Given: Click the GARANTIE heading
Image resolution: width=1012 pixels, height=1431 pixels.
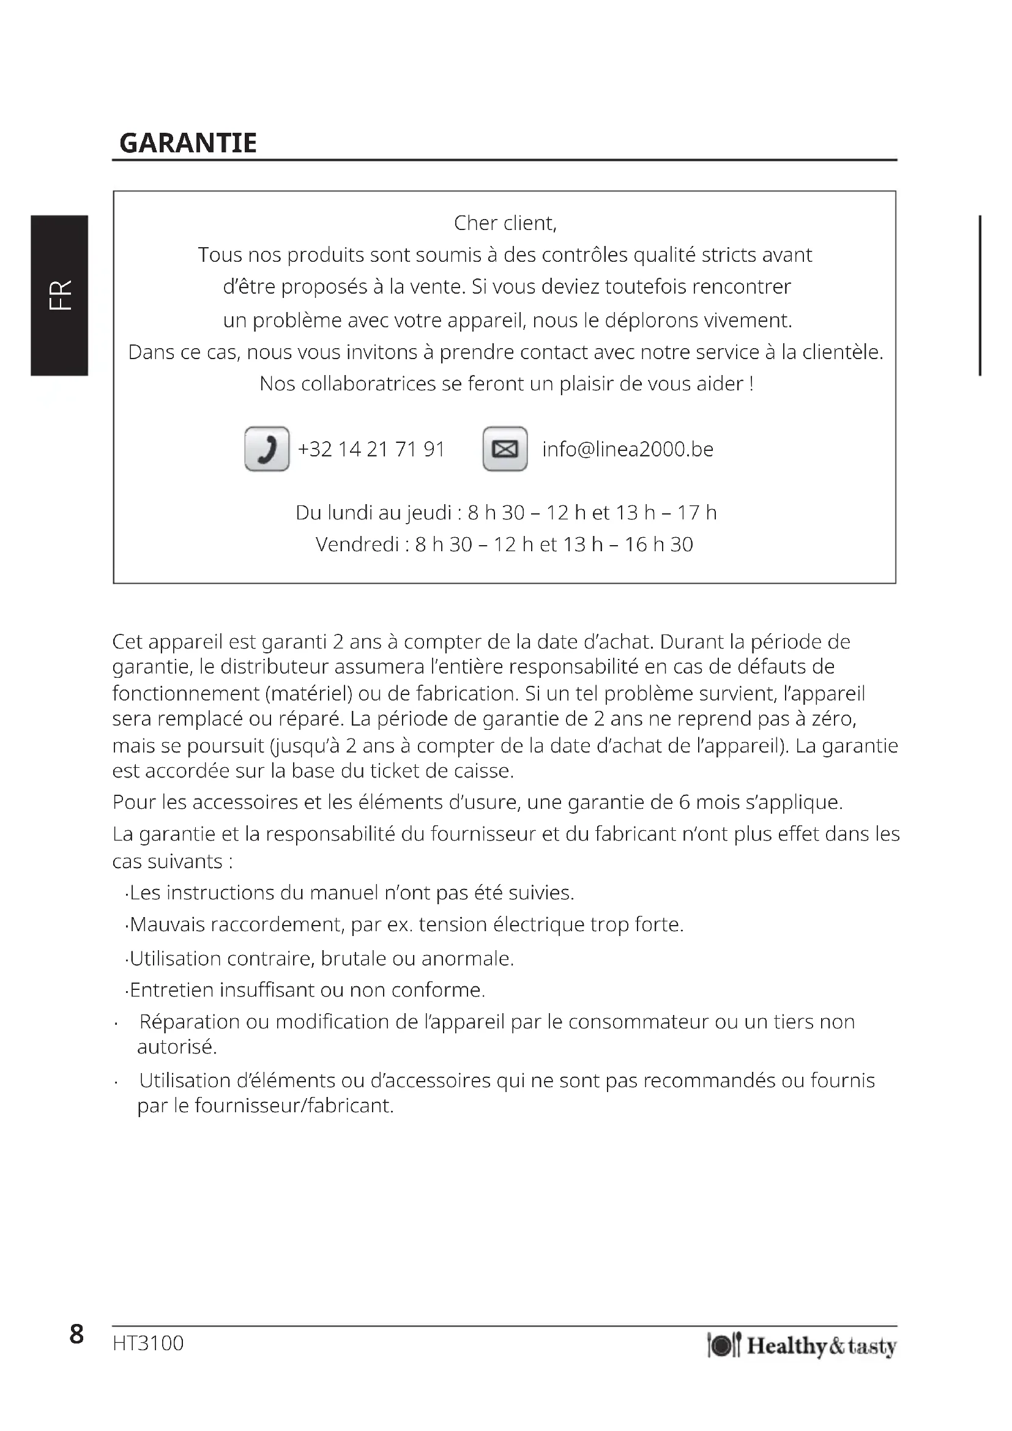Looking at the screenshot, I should (x=188, y=143).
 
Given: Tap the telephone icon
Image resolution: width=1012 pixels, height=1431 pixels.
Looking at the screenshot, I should (x=267, y=448).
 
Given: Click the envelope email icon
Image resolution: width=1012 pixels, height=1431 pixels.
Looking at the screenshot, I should (x=505, y=448).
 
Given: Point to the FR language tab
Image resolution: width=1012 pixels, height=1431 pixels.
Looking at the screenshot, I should (x=60, y=295).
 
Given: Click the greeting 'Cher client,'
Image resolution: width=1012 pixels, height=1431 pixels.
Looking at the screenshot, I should (x=505, y=223).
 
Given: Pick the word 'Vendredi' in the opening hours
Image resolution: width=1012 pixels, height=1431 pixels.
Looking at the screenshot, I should (x=357, y=545).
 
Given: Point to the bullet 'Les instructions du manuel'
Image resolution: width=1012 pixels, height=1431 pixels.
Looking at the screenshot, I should (x=349, y=893).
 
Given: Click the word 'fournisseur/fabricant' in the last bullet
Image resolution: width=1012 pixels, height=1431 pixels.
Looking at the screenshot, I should (x=294, y=1106).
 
